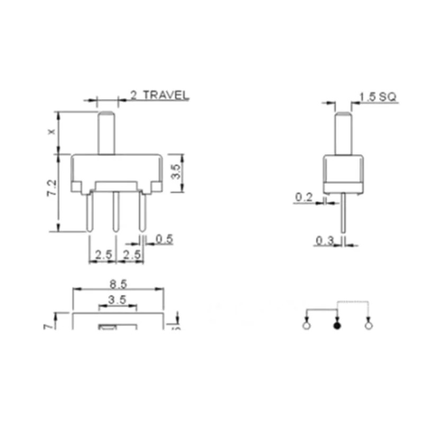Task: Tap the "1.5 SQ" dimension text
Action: coord(378,97)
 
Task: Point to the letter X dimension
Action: coord(51,133)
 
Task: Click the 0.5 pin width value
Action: coord(164,239)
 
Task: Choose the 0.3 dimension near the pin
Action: coord(324,241)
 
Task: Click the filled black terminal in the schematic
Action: coord(337,326)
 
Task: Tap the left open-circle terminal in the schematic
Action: coord(306,326)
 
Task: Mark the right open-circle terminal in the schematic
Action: coord(369,326)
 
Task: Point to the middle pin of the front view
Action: coord(116,212)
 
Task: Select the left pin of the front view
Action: coord(89,212)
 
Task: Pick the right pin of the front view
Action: coord(142,212)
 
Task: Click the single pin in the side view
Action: coord(344,214)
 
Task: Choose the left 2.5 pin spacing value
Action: coord(102,254)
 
